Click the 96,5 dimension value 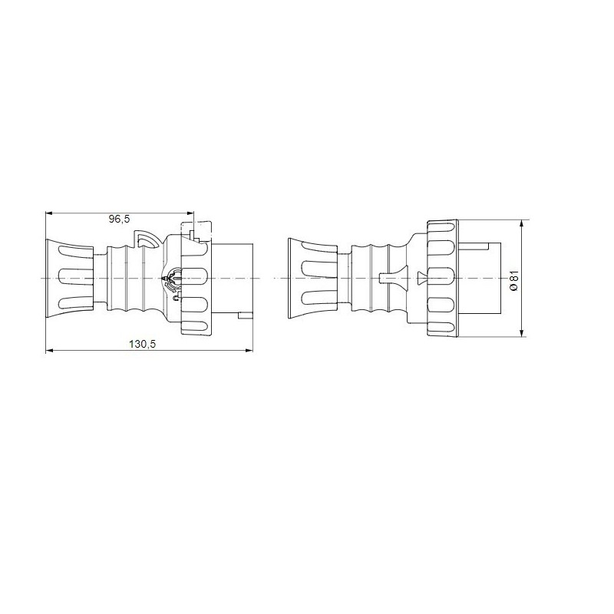120,219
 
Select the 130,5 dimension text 142,345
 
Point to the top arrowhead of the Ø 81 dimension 522,224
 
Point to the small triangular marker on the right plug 420,276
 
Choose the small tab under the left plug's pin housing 244,315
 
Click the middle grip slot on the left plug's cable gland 74,276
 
